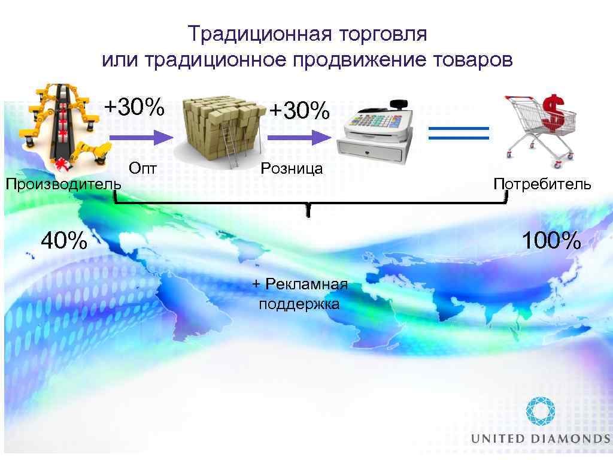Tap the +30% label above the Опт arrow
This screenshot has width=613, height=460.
click(134, 107)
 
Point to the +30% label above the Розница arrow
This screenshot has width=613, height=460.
click(299, 110)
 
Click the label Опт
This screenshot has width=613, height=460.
click(143, 169)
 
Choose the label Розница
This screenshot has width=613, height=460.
click(292, 169)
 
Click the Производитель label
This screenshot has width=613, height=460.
click(63, 184)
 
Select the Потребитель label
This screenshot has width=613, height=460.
click(542, 184)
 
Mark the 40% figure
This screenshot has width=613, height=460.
click(63, 241)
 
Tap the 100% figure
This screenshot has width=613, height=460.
click(551, 241)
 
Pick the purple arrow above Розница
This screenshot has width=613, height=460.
click(299, 138)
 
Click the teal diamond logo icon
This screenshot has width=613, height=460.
click(541, 412)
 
